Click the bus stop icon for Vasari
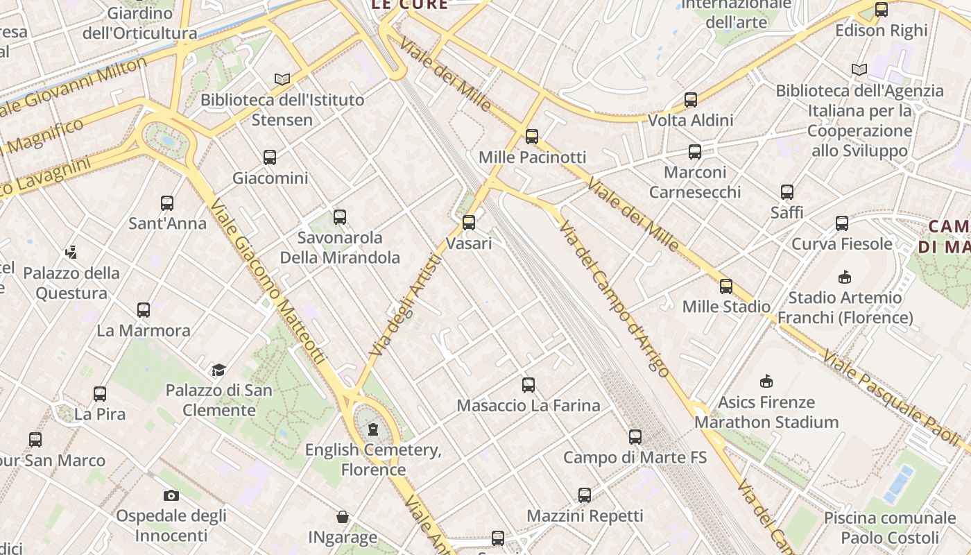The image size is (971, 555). click(x=469, y=223)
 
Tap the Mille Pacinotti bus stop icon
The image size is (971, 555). click(x=532, y=137)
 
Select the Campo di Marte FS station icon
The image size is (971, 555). click(x=635, y=437)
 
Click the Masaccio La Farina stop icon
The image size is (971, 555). click(x=529, y=385)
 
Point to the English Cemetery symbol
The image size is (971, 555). click(x=373, y=429)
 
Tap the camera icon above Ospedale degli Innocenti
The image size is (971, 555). click(x=171, y=495)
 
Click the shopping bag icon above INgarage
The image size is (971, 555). click(x=343, y=517)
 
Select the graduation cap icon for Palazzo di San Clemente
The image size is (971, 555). click(x=219, y=370)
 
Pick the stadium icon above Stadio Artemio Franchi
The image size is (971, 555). click(x=845, y=277)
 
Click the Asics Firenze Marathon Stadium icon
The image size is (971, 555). click(x=766, y=382)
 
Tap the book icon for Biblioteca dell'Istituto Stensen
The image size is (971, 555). click(x=281, y=79)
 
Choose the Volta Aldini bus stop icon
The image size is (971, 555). click(x=691, y=100)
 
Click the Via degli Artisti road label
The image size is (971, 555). click(x=406, y=305)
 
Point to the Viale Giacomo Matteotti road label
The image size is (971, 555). click(x=268, y=282)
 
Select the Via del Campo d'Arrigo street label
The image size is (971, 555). click(x=615, y=298)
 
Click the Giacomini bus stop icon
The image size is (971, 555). click(x=270, y=157)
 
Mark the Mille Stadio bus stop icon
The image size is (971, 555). click(x=726, y=286)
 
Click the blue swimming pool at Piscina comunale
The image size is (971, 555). click(x=898, y=484)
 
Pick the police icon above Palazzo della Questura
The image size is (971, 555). click(x=71, y=252)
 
